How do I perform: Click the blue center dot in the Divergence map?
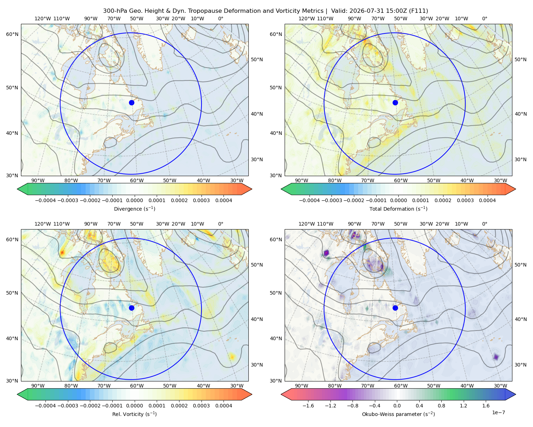tap(131, 102)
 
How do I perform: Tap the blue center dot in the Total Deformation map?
tap(395, 102)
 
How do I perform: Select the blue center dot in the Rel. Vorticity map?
tap(131, 308)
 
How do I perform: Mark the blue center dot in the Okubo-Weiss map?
tap(395, 308)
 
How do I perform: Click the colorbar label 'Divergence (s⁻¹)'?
tap(134, 209)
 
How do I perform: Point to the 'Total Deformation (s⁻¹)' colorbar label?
tap(398, 209)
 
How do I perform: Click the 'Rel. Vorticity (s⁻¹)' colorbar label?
tap(134, 414)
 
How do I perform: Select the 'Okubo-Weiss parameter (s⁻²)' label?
tap(398, 414)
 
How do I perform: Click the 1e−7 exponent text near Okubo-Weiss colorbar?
tap(498, 412)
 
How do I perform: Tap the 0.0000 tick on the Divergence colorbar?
tap(134, 200)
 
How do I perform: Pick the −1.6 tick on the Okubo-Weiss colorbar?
tap(308, 406)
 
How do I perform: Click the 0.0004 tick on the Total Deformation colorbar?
tap(487, 200)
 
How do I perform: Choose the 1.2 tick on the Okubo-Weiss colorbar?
tap(463, 406)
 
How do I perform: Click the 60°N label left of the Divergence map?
tap(12, 34)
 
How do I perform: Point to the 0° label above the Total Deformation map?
tap(484, 19)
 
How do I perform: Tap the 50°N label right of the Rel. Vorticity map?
tap(257, 265)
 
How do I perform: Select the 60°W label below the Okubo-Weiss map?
tap(401, 386)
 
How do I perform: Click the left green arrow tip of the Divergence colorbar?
tap(17, 189)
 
